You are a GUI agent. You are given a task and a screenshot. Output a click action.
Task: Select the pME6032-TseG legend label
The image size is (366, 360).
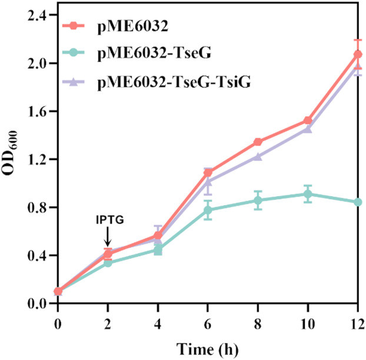(154, 53)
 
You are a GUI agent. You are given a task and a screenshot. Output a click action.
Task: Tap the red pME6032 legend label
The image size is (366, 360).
(133, 26)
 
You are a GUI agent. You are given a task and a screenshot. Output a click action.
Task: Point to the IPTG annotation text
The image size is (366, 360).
(110, 220)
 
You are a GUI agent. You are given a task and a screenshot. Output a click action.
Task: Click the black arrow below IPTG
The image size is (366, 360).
(107, 236)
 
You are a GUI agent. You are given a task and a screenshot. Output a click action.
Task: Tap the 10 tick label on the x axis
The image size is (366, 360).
(308, 324)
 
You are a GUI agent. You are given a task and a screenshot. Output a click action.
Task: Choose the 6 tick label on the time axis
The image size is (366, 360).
(208, 324)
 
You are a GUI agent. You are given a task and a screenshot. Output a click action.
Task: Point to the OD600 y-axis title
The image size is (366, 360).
(10, 153)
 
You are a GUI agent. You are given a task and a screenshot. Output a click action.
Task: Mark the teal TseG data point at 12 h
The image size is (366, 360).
(358, 202)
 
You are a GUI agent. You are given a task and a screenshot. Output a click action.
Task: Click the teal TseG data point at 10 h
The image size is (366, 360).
(308, 194)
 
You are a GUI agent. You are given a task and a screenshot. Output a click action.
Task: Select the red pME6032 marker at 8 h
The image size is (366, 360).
(258, 142)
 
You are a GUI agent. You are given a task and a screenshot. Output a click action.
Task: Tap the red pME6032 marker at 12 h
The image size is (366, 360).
(358, 55)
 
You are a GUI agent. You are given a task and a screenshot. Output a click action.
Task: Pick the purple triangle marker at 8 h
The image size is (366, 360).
(258, 157)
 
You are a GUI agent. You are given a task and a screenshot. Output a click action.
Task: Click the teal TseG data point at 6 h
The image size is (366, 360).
(208, 210)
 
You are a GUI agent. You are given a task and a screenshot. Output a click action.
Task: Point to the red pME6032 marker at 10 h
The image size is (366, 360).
(308, 121)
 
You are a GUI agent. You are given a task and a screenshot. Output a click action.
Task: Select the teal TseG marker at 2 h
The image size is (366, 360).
(108, 263)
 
